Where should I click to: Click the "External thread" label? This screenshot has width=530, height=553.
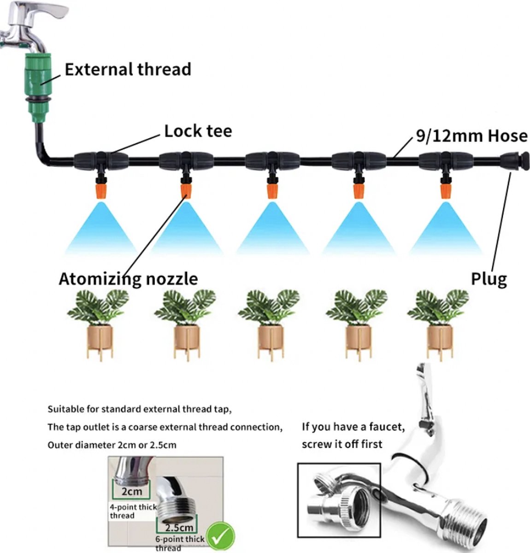pyautogui.click(x=128, y=70)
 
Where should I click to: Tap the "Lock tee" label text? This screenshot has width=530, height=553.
pyautogui.click(x=198, y=131)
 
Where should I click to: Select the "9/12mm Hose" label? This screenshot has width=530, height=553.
pyautogui.click(x=471, y=136)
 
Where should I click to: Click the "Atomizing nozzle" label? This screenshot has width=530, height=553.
pyautogui.click(x=128, y=279)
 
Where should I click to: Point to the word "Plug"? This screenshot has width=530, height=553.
pyautogui.click(x=489, y=279)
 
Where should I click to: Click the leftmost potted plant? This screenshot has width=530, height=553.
pyautogui.click(x=99, y=323)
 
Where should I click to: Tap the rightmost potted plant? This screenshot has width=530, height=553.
pyautogui.click(x=439, y=323)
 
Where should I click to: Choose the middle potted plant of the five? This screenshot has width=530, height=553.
pyautogui.click(x=271, y=323)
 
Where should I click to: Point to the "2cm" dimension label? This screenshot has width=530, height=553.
pyautogui.click(x=132, y=491)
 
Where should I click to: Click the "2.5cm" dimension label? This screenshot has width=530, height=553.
pyautogui.click(x=179, y=527)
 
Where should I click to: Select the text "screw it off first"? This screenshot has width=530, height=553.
pyautogui.click(x=342, y=444)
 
